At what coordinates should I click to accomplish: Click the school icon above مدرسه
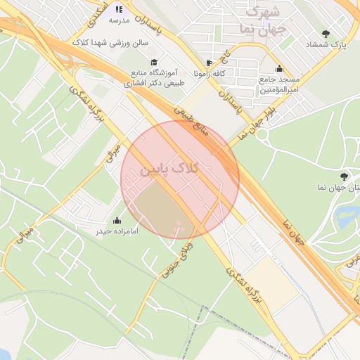pos(118,9)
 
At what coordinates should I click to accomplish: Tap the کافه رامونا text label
pos(229,73)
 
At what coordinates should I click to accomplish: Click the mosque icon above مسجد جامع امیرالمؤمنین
pos(280,69)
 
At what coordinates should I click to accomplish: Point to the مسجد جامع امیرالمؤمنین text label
pos(280,85)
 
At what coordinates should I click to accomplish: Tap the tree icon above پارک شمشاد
pos(325,33)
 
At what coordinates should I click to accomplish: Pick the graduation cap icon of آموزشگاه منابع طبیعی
pos(154,62)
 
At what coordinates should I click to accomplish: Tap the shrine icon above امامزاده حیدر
pos(116,220)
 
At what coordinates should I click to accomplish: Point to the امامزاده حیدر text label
pos(115,231)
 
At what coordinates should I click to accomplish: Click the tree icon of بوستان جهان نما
pos(343,176)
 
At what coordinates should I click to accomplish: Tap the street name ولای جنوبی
pos(173,257)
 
